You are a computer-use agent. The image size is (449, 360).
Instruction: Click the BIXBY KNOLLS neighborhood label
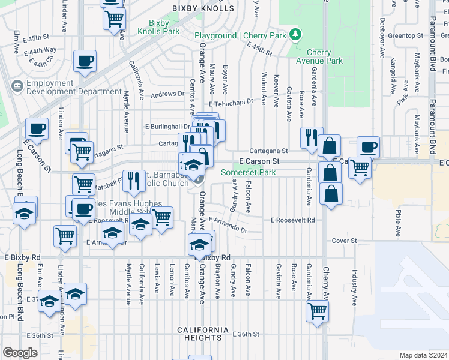[202, 8]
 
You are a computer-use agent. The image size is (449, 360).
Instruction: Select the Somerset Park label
[248, 172]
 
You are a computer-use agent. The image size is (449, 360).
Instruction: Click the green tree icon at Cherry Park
[295, 34]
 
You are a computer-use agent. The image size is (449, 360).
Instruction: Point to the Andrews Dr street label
[167, 94]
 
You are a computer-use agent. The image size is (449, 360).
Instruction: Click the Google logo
[20, 353]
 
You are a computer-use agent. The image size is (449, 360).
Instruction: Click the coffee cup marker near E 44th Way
[85, 61]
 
